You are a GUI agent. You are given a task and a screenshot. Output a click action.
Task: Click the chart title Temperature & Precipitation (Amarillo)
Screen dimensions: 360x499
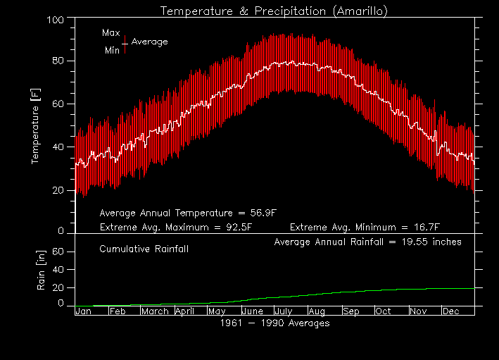pos(274,11)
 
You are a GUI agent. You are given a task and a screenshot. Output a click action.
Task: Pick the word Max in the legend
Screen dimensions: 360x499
pos(110,33)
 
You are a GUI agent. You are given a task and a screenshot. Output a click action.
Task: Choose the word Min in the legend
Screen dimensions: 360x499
pos(112,50)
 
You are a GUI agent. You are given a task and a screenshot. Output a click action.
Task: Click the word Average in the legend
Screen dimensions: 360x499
pos(149,42)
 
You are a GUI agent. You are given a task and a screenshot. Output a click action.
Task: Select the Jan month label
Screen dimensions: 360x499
pos(83,311)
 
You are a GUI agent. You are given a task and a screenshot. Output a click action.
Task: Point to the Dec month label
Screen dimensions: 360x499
pos(452,311)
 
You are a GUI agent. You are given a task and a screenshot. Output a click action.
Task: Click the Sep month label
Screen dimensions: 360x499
pos(351,311)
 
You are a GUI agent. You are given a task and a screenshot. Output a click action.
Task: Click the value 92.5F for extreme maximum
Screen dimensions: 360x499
pos(236,228)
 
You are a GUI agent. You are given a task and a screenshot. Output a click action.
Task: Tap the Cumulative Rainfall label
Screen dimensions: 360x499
pos(144,249)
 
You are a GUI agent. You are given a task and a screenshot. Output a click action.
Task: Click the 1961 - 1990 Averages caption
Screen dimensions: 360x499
pos(274,323)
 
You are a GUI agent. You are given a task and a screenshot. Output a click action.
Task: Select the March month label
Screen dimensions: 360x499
pos(154,311)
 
